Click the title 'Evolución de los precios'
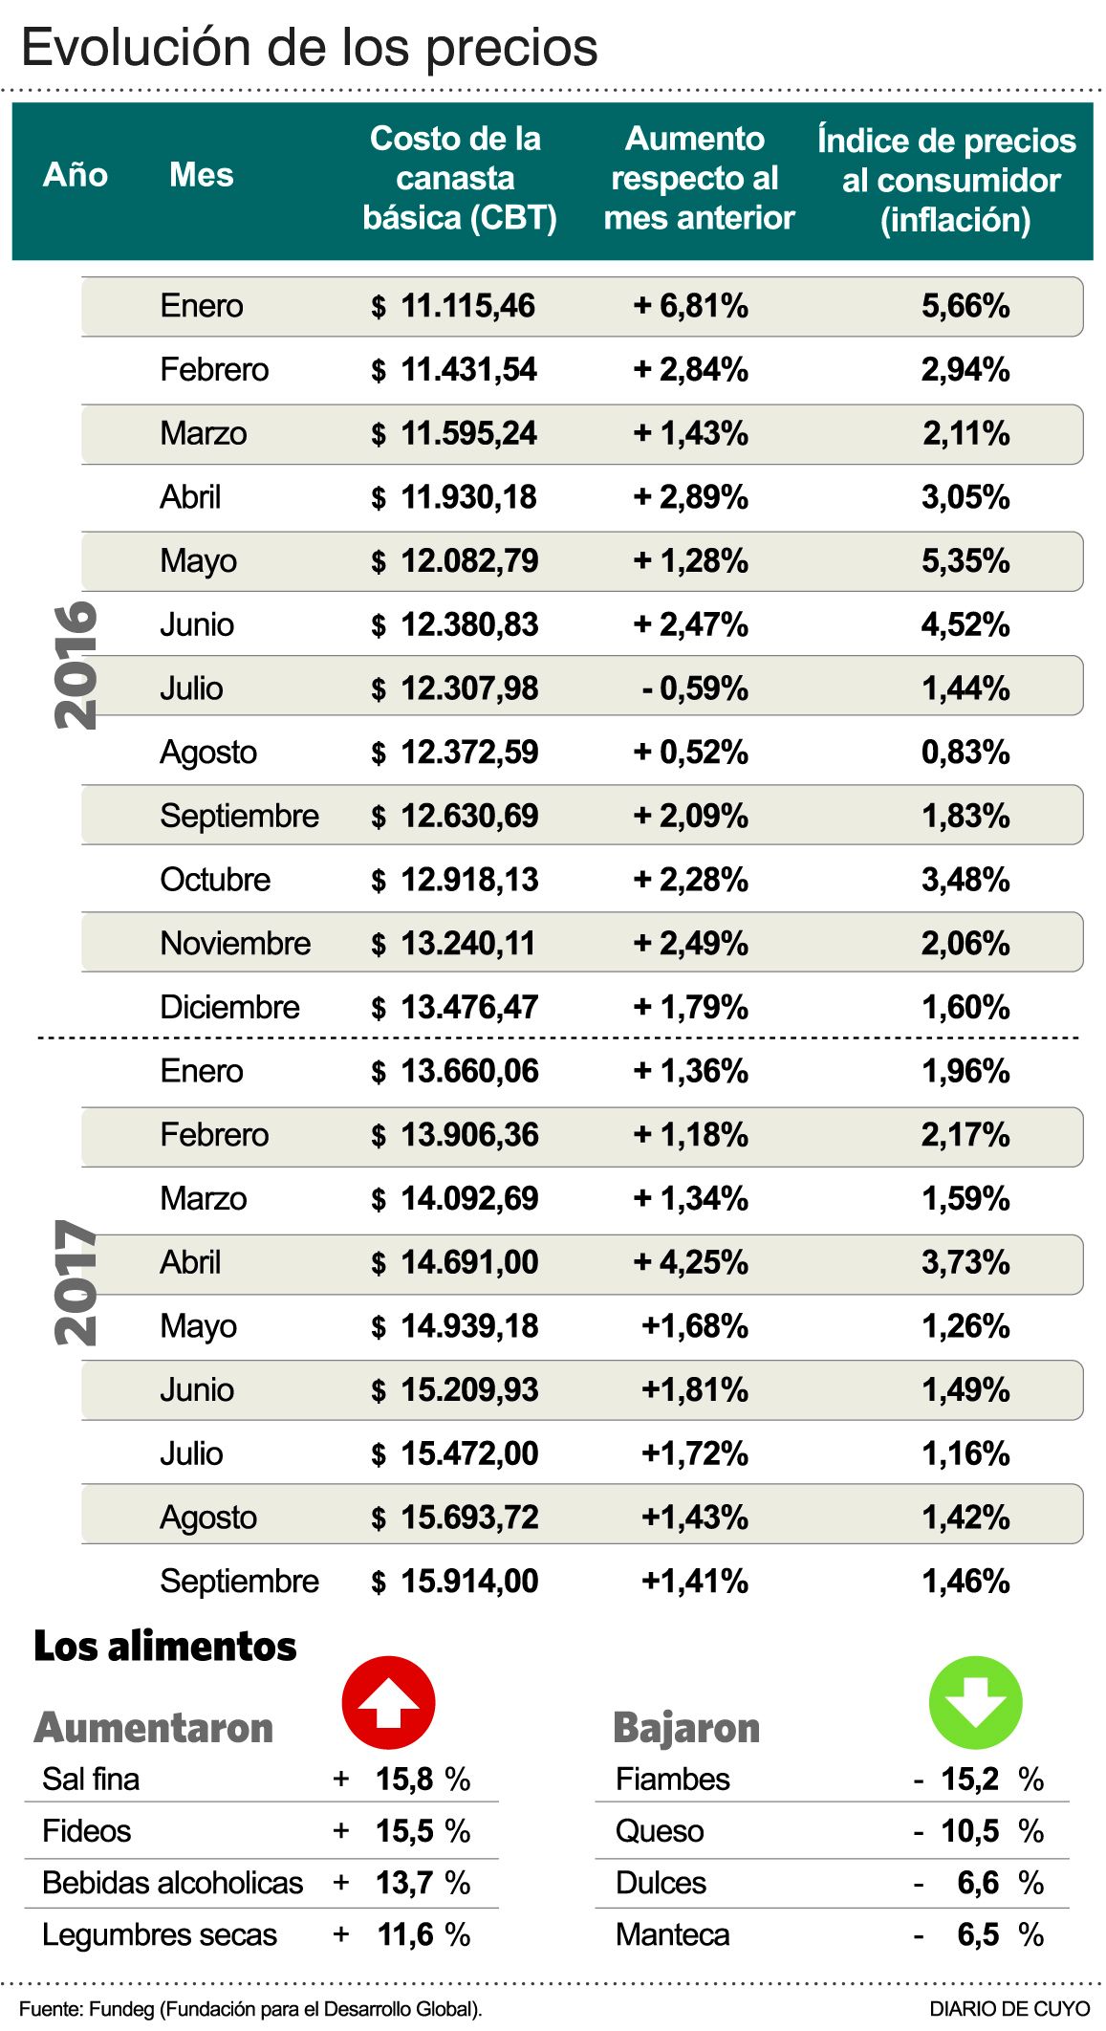click(x=310, y=48)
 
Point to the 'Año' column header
click(x=76, y=175)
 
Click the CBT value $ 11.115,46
click(x=453, y=306)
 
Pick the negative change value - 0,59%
click(x=695, y=688)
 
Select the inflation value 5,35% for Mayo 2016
click(x=965, y=561)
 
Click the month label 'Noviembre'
click(x=235, y=944)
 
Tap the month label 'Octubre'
click(x=215, y=880)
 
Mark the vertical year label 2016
click(x=76, y=665)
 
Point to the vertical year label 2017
click(x=76, y=1283)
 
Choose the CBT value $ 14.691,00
click(x=455, y=1262)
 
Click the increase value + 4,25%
click(x=691, y=1262)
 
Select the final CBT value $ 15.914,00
click(x=455, y=1582)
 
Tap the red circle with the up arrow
click(x=388, y=1703)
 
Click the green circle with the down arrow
click(x=975, y=1703)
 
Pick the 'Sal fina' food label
click(x=91, y=1780)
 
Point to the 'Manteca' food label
click(x=672, y=1935)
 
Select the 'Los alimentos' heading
click(x=165, y=1647)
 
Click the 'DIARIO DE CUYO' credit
click(x=1009, y=2009)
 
